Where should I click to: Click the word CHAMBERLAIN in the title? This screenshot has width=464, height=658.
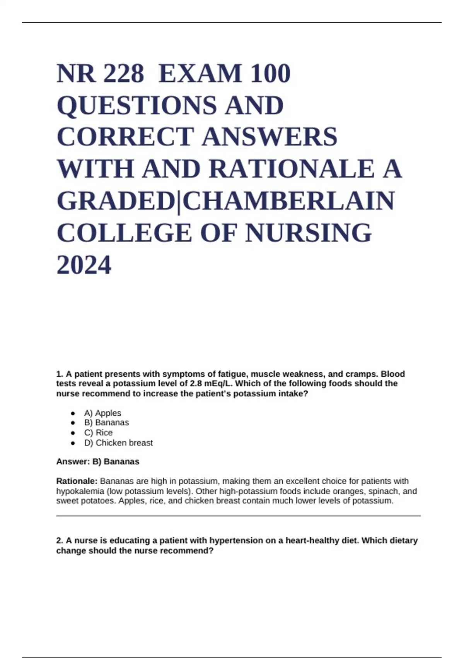coord(289,201)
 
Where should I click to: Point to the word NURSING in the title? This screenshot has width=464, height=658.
coord(308,233)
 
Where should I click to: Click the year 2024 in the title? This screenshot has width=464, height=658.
coord(84,265)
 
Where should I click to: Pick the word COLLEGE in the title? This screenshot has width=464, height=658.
coord(124,233)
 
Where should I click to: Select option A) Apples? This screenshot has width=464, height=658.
coord(102,413)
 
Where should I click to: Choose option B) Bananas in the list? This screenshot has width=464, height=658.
coord(106,423)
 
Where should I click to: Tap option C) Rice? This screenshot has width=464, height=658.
coord(98,433)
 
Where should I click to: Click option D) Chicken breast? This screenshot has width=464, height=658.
coord(118,443)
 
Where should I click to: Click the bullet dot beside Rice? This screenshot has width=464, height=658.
coord(73,433)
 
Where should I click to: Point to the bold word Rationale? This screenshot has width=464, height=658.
coord(77,481)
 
